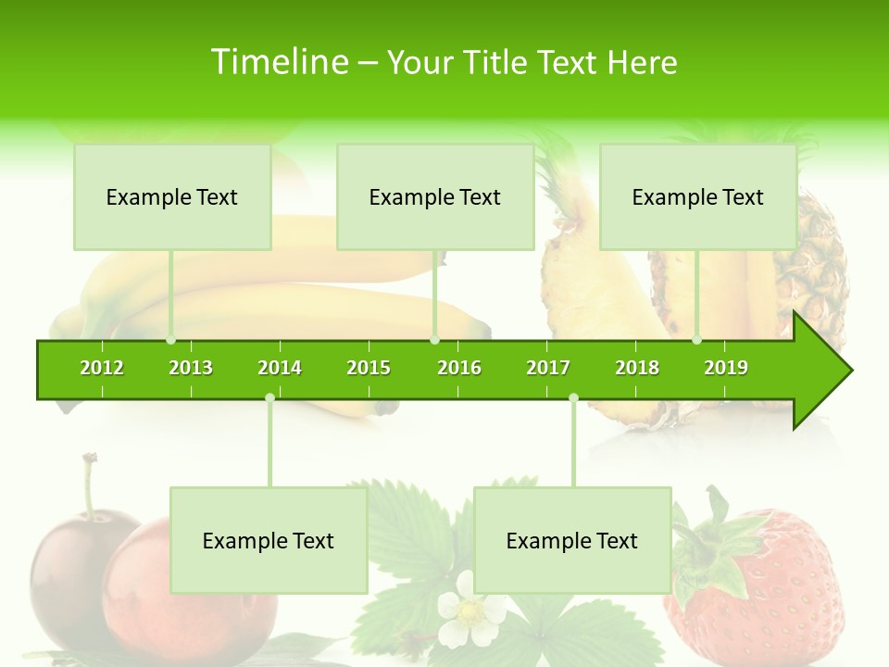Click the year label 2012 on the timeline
102,368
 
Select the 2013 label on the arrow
191,368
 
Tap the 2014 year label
280,368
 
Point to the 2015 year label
369,368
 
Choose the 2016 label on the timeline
459,368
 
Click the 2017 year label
548,368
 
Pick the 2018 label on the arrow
637,368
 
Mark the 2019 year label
726,368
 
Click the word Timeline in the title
278,62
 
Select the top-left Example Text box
172,197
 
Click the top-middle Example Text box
435,197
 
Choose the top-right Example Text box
698,197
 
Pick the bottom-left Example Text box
269,541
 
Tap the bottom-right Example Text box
572,541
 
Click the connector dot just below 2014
269,397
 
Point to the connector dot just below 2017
573,397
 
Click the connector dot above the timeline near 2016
434,340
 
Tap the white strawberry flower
470,610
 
